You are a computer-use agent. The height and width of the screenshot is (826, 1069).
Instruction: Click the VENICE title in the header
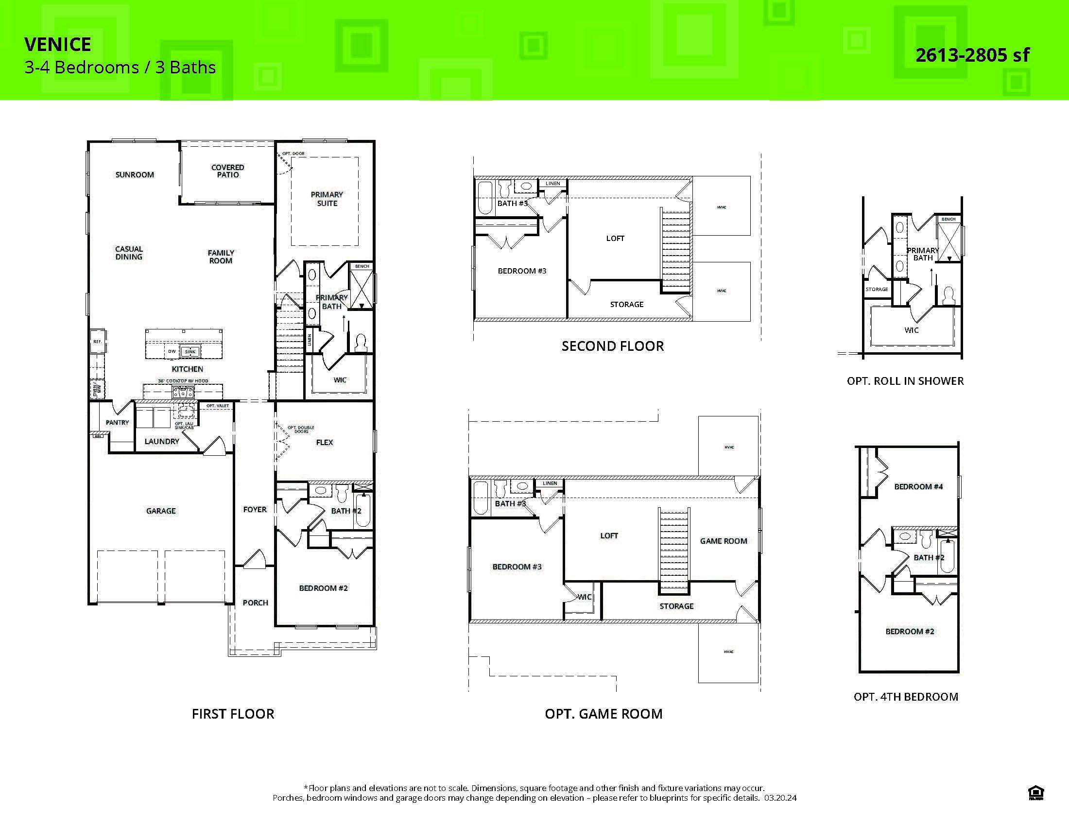coord(57,45)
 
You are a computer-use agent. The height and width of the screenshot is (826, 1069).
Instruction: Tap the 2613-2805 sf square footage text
coord(972,55)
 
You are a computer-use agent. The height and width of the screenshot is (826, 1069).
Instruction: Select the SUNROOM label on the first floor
coord(135,175)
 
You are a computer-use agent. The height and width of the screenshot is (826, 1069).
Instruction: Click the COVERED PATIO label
coord(227,171)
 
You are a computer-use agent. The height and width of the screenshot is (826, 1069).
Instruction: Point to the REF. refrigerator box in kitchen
coord(97,342)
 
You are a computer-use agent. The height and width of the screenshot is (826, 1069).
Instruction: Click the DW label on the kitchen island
coord(172,351)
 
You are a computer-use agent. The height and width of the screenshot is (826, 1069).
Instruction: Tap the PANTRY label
coord(118,422)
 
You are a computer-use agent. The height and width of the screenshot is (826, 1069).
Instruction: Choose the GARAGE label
coord(160,511)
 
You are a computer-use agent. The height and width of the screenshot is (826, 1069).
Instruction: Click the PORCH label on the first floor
coord(255,603)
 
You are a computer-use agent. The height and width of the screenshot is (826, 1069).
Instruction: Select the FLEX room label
coord(324,442)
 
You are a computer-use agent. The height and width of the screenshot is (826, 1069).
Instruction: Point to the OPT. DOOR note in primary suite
coord(293,154)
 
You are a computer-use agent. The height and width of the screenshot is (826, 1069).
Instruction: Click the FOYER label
coord(255,509)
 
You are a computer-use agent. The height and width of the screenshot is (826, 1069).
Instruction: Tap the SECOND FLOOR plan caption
coord(612,346)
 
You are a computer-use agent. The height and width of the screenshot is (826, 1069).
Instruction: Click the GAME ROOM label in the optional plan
coord(723,541)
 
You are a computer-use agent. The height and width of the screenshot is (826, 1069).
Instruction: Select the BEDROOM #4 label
coord(918,486)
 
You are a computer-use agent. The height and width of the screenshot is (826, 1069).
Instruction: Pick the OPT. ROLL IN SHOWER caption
coord(905,381)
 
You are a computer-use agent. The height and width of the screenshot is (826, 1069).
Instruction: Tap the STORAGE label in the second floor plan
coord(626,304)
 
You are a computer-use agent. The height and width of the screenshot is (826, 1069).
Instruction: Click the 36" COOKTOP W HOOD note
coord(183,381)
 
